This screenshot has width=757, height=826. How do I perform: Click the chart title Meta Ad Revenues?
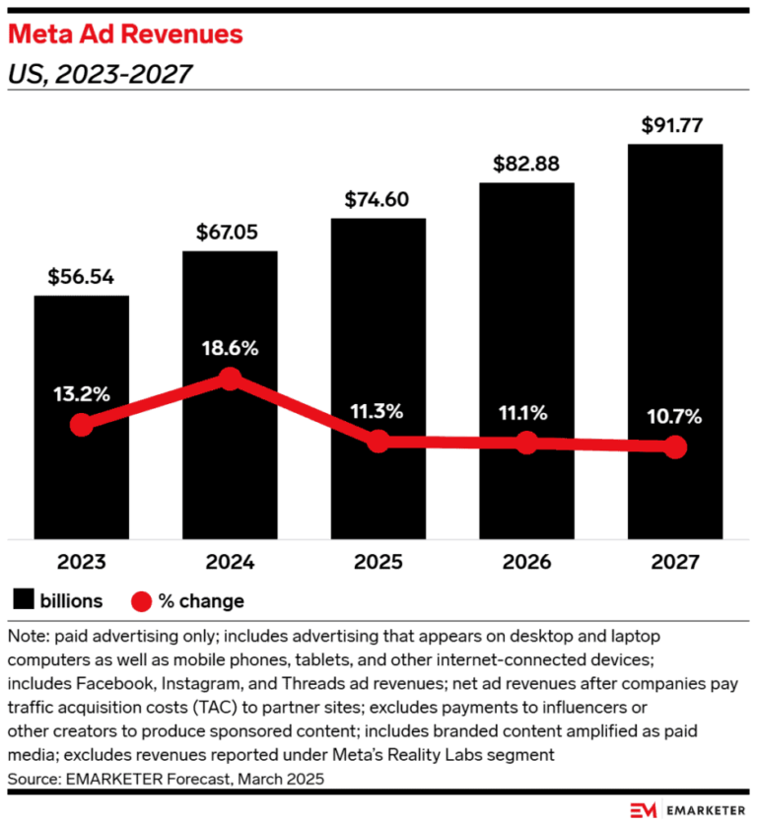click(125, 34)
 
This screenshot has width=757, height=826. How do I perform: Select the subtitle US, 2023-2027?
click(100, 74)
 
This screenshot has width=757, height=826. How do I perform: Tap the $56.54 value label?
click(81, 277)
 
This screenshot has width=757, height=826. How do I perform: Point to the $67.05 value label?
click(227, 233)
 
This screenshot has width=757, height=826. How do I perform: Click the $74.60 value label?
click(377, 200)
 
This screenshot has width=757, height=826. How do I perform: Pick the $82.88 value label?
click(526, 164)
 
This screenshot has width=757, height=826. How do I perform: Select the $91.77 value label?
click(672, 125)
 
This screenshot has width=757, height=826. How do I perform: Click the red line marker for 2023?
click(82, 425)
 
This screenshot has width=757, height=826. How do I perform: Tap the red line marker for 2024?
click(231, 379)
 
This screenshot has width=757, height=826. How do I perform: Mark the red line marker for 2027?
click(675, 447)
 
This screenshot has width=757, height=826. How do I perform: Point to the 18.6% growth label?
click(231, 348)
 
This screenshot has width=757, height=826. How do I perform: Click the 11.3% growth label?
click(377, 411)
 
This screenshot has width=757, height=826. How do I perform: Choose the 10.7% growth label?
click(674, 417)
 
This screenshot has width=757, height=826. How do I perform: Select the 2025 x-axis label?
click(378, 562)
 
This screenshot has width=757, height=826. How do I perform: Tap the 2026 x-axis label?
click(526, 562)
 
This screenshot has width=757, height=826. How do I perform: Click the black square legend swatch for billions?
click(24, 599)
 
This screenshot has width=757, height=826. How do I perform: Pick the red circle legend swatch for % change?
click(141, 601)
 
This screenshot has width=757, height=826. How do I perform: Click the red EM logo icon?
click(644, 810)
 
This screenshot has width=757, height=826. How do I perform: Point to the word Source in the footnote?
click(33, 779)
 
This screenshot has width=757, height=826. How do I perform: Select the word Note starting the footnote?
click(28, 637)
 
